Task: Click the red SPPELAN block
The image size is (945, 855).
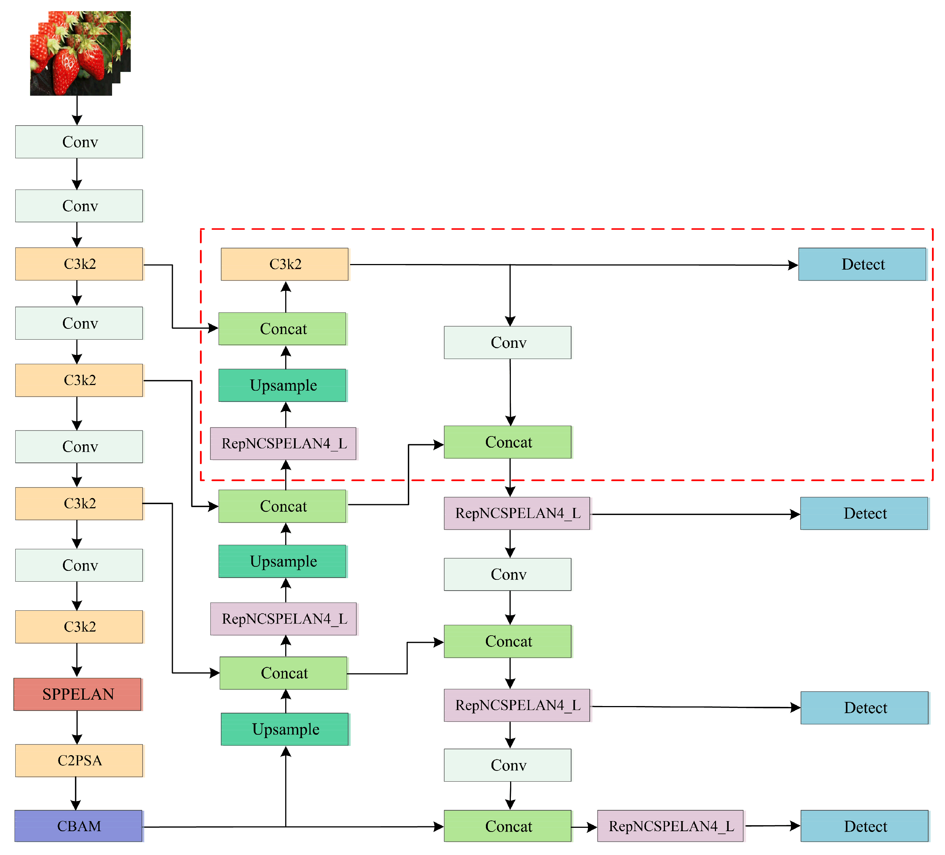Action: point(77,694)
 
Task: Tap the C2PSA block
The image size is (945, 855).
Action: point(79,760)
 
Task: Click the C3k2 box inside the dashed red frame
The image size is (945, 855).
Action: point(284,264)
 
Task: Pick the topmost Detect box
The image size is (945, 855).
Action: point(862,264)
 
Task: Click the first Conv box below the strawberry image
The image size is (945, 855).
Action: point(79,142)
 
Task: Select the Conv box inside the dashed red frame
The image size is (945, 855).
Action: point(507,343)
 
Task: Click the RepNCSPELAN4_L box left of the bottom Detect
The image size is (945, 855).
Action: point(670,826)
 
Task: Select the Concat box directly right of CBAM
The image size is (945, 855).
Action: point(507,826)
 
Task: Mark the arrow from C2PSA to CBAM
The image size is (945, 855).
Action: point(76,793)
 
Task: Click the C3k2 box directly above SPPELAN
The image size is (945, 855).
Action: point(79,627)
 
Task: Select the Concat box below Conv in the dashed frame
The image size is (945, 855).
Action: point(507,442)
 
